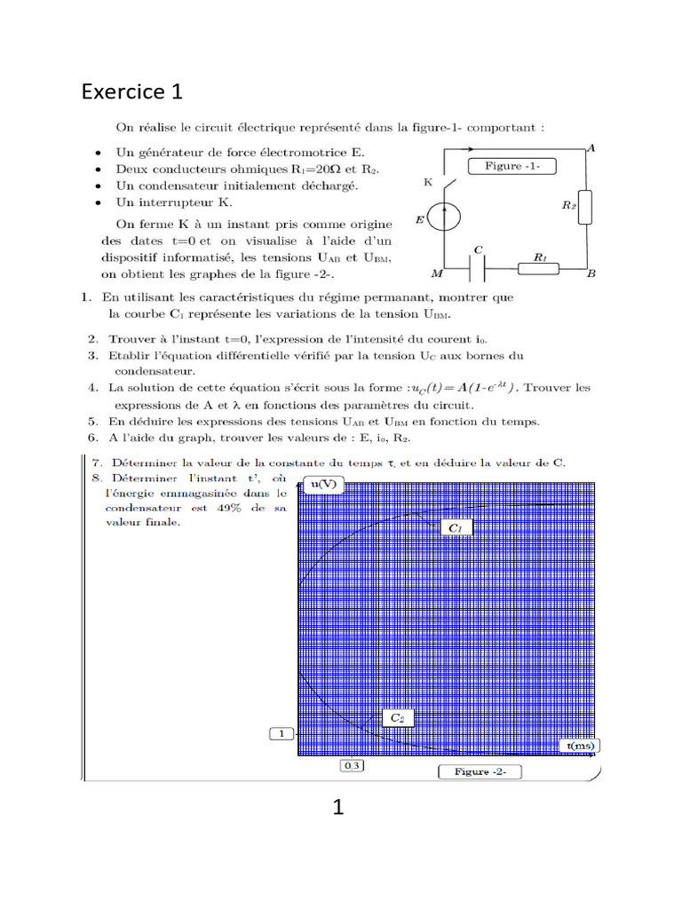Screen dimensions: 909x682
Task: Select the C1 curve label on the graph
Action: click(456, 528)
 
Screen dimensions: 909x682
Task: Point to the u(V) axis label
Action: click(321, 484)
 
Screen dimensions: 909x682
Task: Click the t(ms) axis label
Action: click(580, 746)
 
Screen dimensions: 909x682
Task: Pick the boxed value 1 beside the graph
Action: click(282, 734)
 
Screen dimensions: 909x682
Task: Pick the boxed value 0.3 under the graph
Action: click(352, 765)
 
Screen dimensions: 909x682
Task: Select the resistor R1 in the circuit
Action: click(539, 265)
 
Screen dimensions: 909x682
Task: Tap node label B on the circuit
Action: click(591, 275)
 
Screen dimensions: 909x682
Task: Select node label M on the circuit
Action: click(437, 275)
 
